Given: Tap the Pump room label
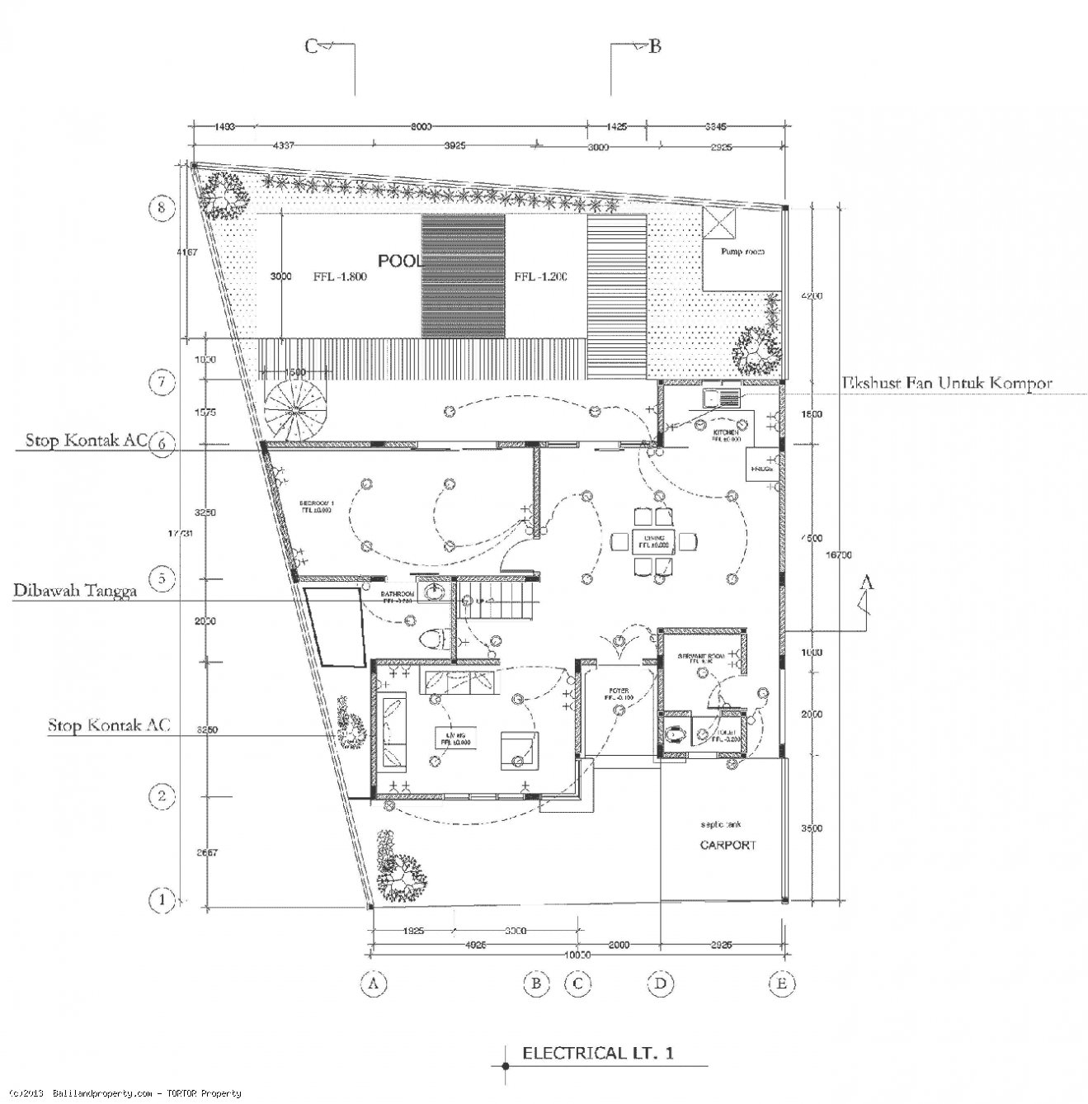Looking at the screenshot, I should pyautogui.click(x=740, y=252).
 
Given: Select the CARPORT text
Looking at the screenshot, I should pyautogui.click(x=728, y=845).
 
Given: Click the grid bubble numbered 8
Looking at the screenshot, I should pyautogui.click(x=162, y=208).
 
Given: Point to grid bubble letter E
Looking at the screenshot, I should pyautogui.click(x=780, y=984).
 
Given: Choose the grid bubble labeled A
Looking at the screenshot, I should pyautogui.click(x=374, y=984).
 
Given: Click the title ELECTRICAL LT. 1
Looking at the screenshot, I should pyautogui.click(x=598, y=1053).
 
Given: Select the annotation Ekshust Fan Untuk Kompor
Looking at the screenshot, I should pyautogui.click(x=946, y=384).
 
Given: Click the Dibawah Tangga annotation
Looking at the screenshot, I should pyautogui.click(x=74, y=591).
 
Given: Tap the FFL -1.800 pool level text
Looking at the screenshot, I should pyautogui.click(x=339, y=277).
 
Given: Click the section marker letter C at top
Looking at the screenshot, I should pyautogui.click(x=311, y=46).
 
